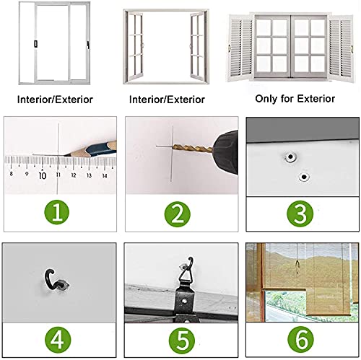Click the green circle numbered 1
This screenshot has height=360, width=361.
tap(57, 212)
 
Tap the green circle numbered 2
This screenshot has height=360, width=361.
tap(178, 214)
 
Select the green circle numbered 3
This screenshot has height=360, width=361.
tap(300, 214)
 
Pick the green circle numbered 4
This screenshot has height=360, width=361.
tap(58, 340)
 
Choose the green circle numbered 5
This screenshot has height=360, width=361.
tap(182, 341)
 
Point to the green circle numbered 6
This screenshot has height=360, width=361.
tap(301, 339)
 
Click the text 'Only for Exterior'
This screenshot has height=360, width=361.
tap(295, 99)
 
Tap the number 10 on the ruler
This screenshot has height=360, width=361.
tap(43, 175)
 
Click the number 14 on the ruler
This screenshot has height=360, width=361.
tap(105, 176)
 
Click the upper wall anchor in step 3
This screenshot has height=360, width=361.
tap(290, 157)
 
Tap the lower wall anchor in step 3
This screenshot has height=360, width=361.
tap(304, 177)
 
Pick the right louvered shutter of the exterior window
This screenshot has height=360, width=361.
tap(341, 48)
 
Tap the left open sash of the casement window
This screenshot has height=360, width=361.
tap(134, 46)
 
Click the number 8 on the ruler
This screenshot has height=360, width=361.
tap(11, 174)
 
